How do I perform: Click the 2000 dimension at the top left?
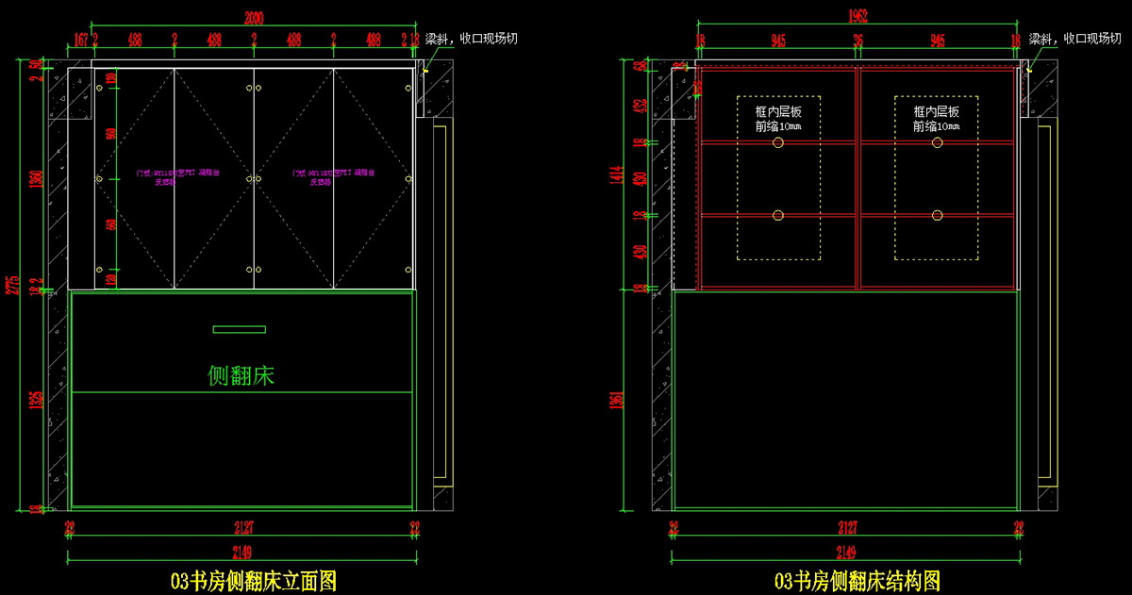tap(254, 17)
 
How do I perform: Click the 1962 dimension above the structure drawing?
tap(857, 17)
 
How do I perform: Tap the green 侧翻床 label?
tap(241, 375)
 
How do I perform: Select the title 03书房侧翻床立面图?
tap(253, 580)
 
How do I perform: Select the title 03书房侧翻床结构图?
tap(857, 580)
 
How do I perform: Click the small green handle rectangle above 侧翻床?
tap(240, 329)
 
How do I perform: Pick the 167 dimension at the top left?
tap(80, 40)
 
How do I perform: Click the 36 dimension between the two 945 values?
tap(857, 40)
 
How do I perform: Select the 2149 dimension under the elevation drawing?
tap(241, 552)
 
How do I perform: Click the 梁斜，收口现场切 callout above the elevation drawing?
tap(472, 40)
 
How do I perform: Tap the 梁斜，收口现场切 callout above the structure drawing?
tap(1075, 40)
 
